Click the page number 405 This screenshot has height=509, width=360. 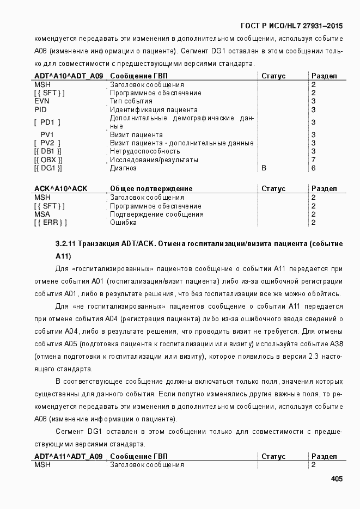336,479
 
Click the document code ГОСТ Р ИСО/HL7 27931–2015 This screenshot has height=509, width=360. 291,26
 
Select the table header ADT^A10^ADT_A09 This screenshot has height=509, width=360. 68,76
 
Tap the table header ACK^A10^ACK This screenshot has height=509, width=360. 60,188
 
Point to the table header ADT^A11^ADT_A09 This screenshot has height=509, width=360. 68,456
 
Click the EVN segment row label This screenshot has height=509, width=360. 42,101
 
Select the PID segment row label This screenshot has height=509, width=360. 40,110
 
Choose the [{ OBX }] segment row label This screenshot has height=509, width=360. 48,160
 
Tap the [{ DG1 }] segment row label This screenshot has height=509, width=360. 48,168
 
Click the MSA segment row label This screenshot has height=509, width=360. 42,214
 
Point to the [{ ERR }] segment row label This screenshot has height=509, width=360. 50,223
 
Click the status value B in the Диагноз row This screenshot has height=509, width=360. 264,168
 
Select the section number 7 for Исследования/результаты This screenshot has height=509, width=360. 313,160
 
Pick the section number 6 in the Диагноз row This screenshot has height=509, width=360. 313,168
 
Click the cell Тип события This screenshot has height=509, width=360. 131,101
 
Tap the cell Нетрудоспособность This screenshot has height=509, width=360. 145,151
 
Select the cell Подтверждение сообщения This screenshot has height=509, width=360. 157,214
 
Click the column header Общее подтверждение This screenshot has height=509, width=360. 151,188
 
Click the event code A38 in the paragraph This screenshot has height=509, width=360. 336,344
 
